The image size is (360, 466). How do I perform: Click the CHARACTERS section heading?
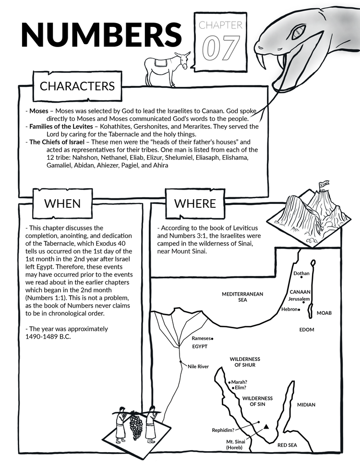tap(77, 86)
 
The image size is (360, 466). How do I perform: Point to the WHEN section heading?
tap(62, 203)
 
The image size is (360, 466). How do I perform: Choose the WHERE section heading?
tap(195, 203)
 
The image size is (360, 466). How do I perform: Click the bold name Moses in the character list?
tap(39, 111)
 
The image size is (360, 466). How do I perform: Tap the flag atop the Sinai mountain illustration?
tap(324, 184)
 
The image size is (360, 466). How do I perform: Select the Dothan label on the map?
tap(301, 274)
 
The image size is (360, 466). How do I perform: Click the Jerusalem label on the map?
tap(299, 299)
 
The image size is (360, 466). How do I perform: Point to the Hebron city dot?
tap(299, 310)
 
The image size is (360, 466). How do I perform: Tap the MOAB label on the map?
tap(324, 313)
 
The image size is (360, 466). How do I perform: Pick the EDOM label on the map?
tap(307, 330)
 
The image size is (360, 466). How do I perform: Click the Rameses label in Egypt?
tap(201, 338)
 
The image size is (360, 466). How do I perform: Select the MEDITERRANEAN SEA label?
tap(242, 297)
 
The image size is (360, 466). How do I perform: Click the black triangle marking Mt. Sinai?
tap(266, 427)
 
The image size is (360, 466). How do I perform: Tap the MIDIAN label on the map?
tap(306, 405)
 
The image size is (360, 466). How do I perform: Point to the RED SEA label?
tap(287, 445)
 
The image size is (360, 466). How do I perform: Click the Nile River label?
tap(198, 367)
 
